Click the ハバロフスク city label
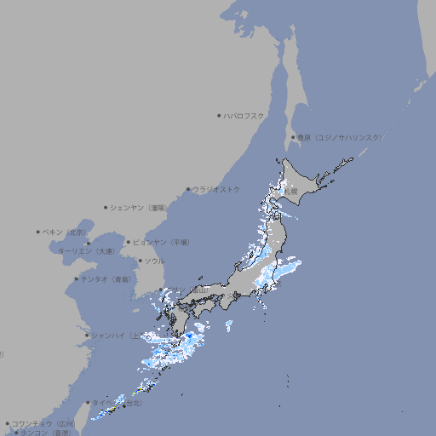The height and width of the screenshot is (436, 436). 244,115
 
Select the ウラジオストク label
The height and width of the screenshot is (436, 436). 216,189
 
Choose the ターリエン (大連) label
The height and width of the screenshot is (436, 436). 86,251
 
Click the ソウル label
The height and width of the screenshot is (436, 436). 154,261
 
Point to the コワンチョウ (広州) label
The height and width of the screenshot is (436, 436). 43,423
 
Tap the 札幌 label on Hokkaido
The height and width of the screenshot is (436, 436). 291,192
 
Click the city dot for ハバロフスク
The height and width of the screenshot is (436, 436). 219,115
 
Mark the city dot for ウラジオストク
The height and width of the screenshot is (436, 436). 188,189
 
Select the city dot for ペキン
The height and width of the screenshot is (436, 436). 38,232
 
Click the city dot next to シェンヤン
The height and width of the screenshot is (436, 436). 106,207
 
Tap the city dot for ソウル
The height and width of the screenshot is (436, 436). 140,261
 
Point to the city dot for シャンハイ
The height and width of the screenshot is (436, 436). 87,335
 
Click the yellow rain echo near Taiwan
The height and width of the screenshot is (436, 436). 110,411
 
